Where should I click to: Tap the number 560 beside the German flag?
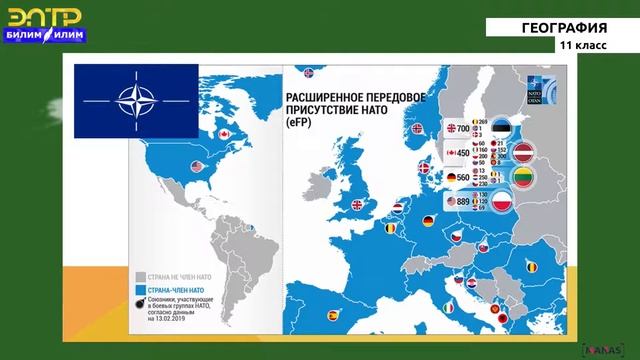point(464,177)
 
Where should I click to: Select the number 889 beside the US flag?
point(464,201)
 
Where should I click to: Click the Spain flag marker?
point(333,315)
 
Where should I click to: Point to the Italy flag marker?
point(449,305)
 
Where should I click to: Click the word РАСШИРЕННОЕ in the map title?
point(324,89)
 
